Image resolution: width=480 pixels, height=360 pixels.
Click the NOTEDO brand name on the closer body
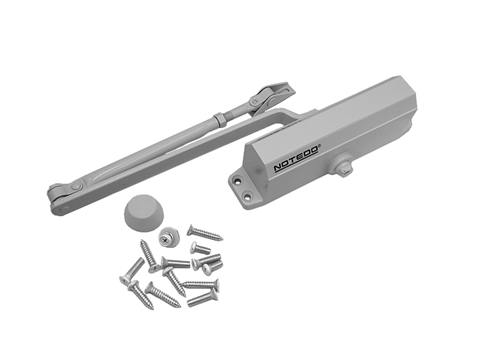296,157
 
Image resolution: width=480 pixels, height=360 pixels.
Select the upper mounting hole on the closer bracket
238,181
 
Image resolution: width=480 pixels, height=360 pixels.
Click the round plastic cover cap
140,212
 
